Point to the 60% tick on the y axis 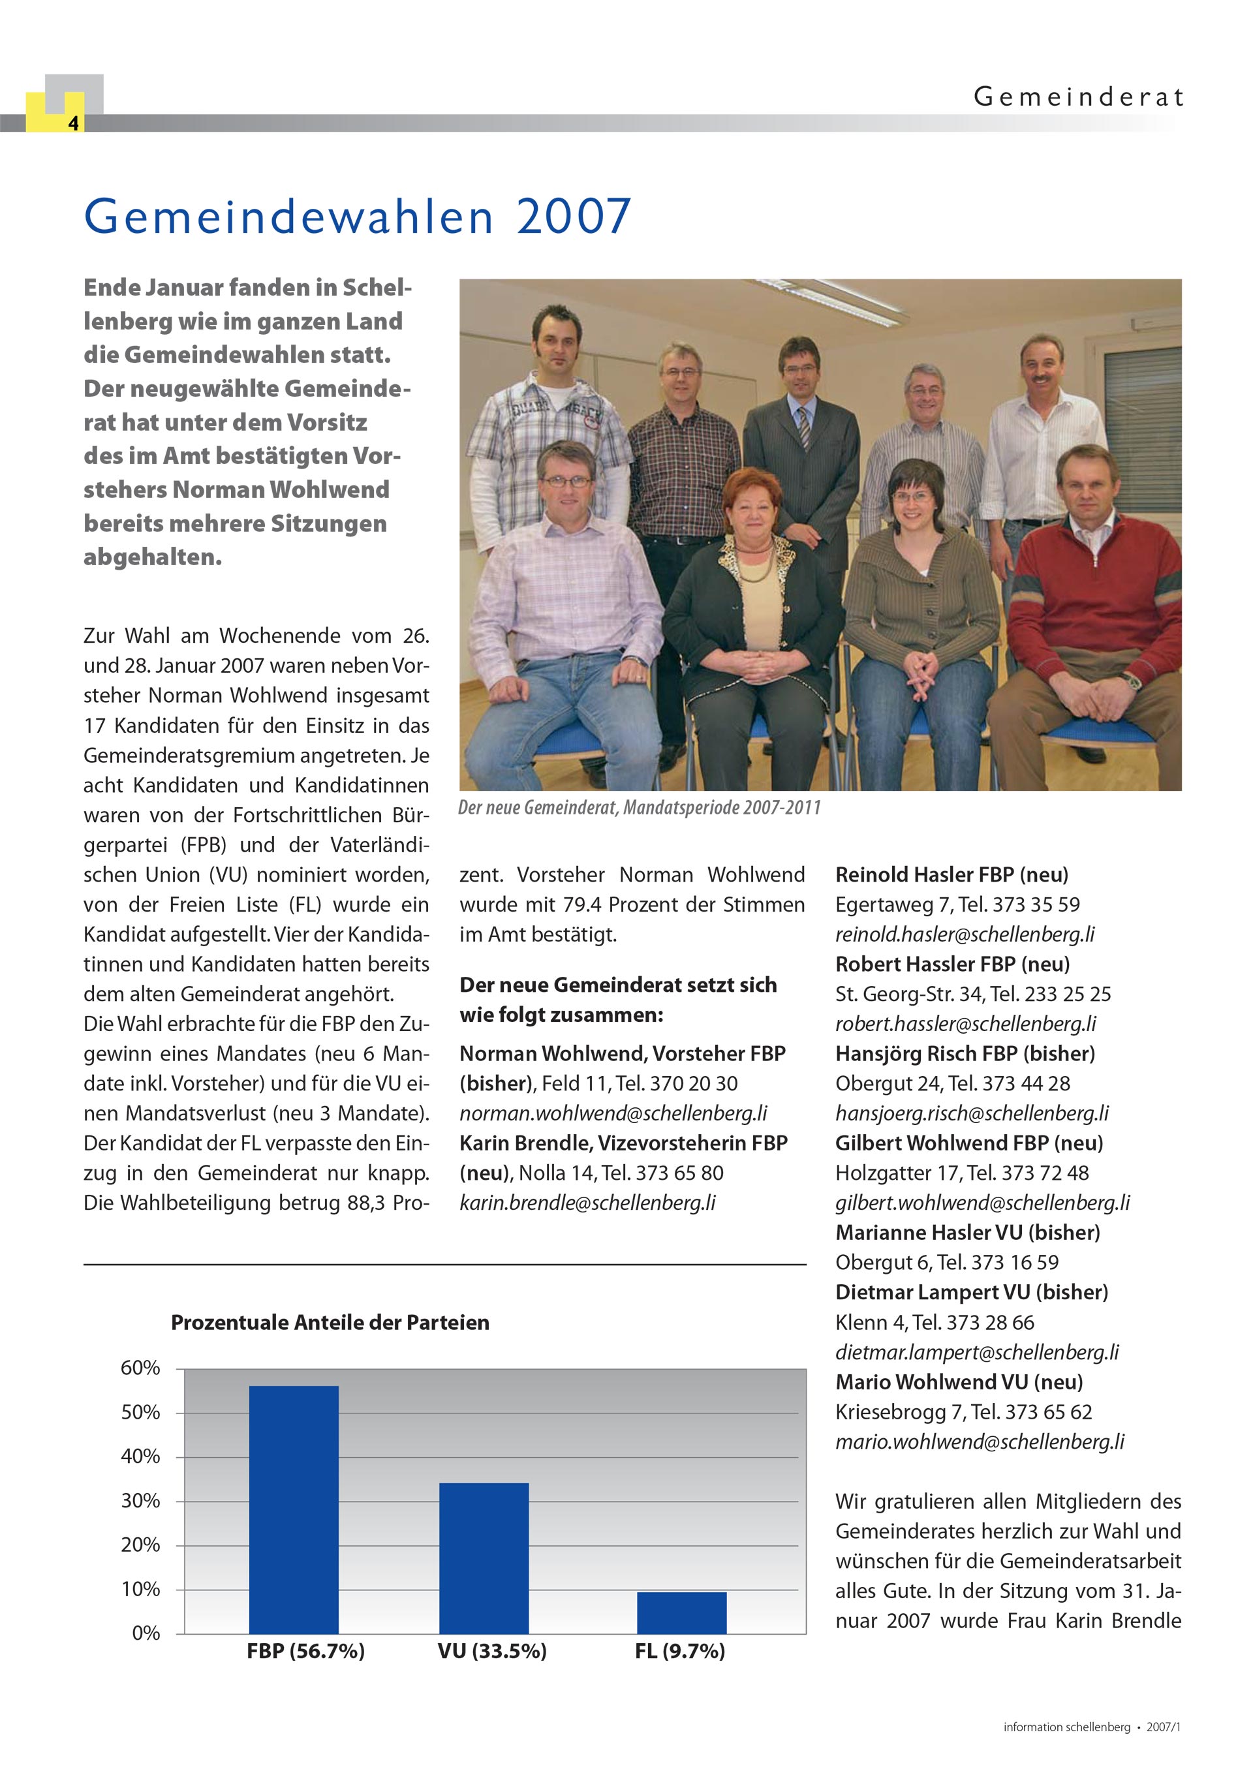(x=140, y=1368)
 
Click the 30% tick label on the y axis (x=140, y=1501)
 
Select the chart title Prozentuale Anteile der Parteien (x=330, y=1323)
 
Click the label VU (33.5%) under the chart (x=492, y=1651)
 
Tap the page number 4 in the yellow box (x=72, y=123)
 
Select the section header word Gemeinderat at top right (x=1078, y=97)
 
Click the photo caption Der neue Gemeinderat (x=639, y=808)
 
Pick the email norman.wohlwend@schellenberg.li (x=613, y=1113)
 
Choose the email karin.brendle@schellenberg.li (x=588, y=1202)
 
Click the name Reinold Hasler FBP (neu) (x=951, y=875)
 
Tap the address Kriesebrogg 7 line (x=963, y=1411)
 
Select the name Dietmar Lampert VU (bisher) (x=972, y=1292)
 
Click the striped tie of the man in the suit (x=804, y=428)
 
